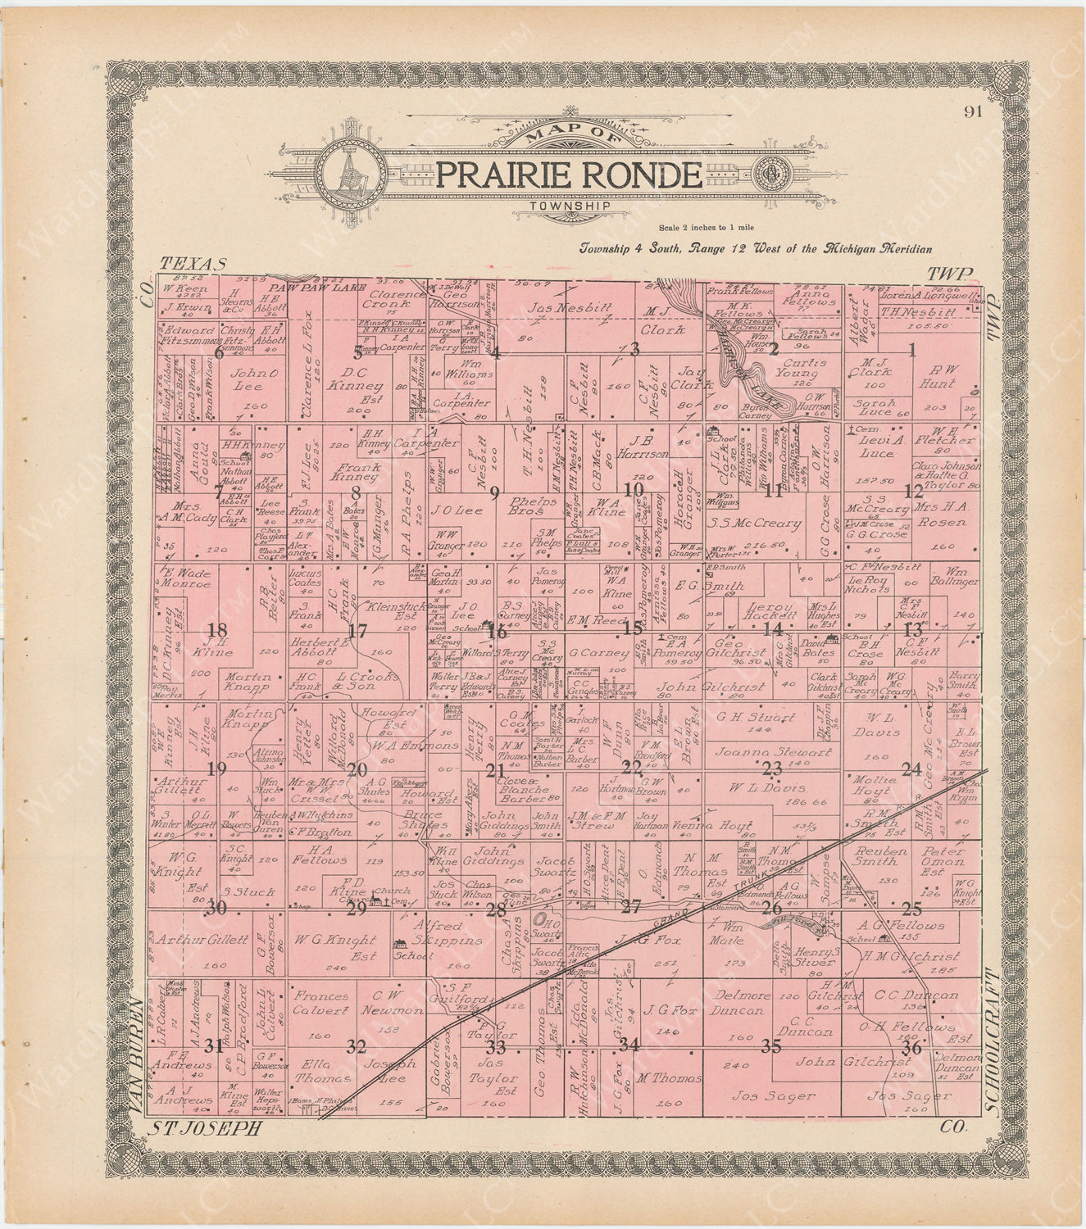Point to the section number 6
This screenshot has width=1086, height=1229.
[x=219, y=353]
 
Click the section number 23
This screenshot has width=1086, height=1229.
[x=772, y=769]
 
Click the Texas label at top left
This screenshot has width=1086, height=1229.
[x=193, y=264]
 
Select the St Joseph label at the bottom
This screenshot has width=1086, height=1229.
[x=206, y=1128]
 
